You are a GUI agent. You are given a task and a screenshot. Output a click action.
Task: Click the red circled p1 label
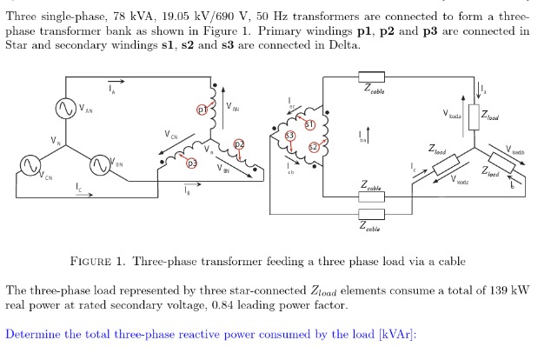pyautogui.click(x=202, y=110)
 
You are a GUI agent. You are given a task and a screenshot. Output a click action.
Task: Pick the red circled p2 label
pyautogui.click(x=240, y=144)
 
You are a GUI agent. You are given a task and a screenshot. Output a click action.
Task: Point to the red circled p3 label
pyautogui.click(x=193, y=163)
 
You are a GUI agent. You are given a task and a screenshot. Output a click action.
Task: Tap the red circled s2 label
pyautogui.click(x=315, y=147)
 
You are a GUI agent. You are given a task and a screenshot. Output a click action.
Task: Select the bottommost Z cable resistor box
pyautogui.click(x=371, y=215)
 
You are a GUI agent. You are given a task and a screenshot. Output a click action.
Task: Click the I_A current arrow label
pyautogui.click(x=111, y=88)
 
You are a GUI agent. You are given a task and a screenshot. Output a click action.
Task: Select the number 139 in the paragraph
pyautogui.click(x=487, y=290)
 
